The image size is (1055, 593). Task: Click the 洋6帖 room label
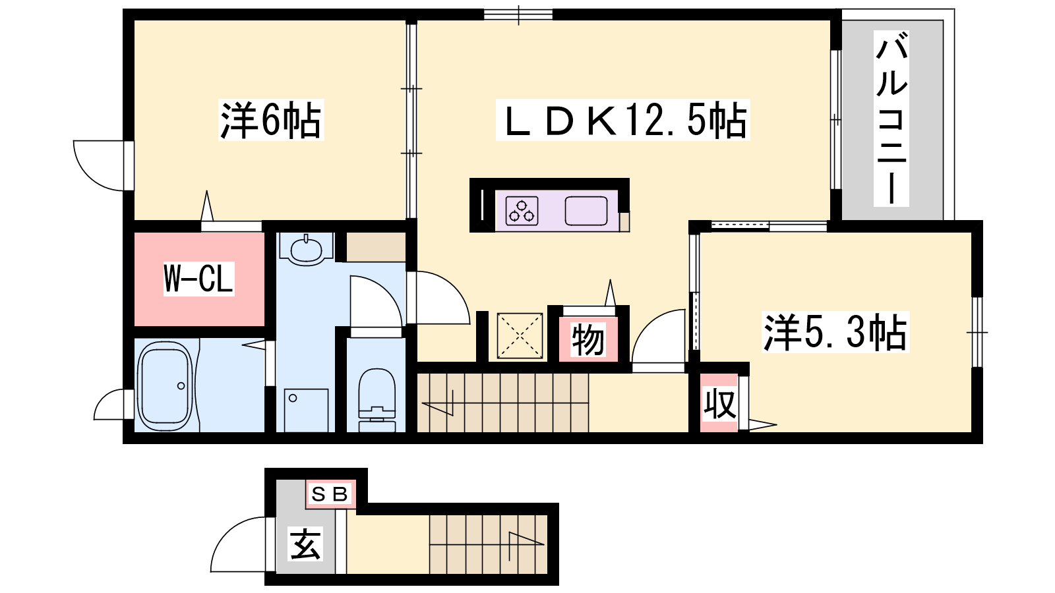pos(271,120)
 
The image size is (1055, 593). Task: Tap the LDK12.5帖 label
pos(622,120)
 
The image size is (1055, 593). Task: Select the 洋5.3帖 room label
pos(835,332)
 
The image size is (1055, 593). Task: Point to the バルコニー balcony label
pos(891,119)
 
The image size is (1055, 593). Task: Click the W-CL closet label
pos(198,279)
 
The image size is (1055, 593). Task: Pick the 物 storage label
pos(588,339)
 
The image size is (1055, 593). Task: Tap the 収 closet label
pos(719,403)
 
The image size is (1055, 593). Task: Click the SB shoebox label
pos(330,494)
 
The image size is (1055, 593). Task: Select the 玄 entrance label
pos(305,544)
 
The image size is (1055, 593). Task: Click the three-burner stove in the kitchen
pos(522,210)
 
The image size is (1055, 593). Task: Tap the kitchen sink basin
pos(586,210)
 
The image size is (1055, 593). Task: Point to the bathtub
pos(165,386)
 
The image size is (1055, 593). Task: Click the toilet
pos(377,400)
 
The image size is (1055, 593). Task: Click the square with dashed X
pos(520,335)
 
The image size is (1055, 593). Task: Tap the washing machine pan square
pos(306,410)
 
